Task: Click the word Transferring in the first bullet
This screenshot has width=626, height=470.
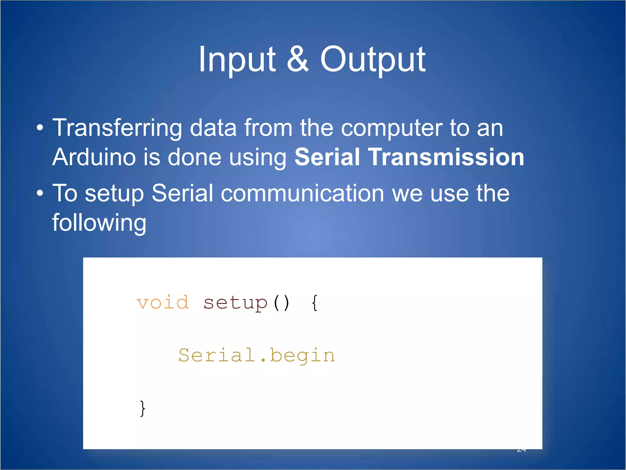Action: [117, 128]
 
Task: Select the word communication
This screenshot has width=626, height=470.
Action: [302, 193]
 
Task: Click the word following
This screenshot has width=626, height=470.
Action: [99, 223]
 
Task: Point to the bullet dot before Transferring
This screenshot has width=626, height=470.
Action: [40, 128]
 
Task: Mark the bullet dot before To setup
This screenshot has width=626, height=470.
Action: [40, 194]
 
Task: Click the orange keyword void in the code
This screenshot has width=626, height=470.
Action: [163, 303]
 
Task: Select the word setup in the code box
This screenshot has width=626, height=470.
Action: [235, 303]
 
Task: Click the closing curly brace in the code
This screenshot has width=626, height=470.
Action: [142, 408]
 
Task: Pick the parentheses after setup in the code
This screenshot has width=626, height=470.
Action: [281, 303]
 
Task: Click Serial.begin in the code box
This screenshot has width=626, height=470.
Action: [256, 356]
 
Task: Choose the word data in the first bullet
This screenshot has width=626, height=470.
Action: [213, 128]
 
